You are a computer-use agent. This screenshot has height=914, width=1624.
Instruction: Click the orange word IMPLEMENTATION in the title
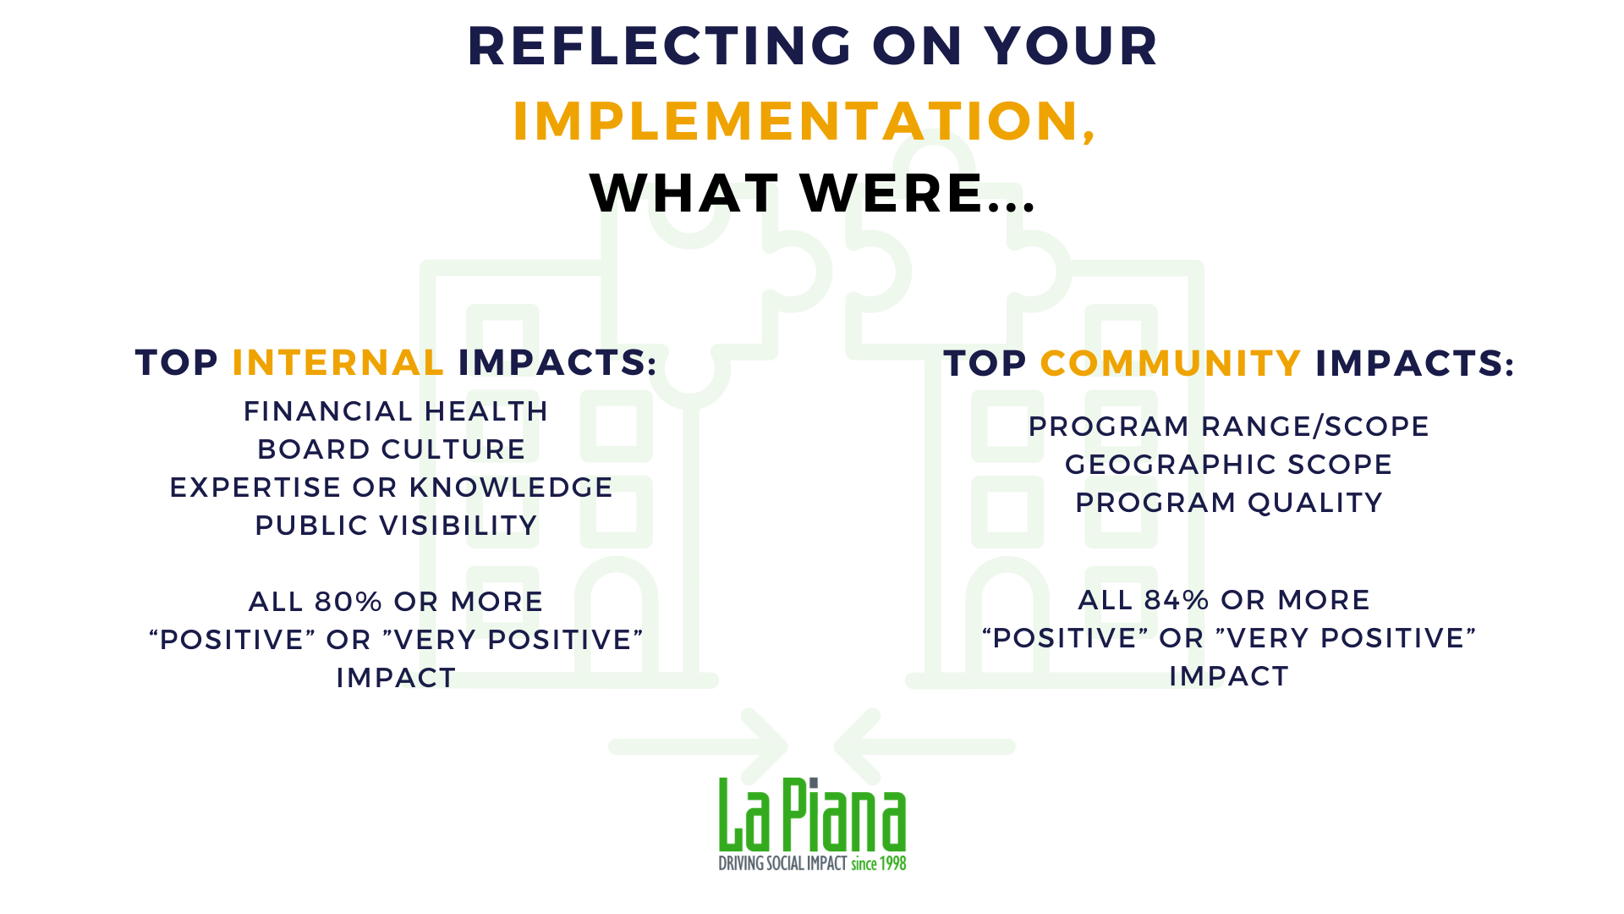[796, 120]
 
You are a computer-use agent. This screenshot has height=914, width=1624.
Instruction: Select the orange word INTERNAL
[337, 362]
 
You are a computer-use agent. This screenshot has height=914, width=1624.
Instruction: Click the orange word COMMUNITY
[1170, 363]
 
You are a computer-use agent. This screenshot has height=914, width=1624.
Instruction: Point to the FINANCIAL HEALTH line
[396, 411]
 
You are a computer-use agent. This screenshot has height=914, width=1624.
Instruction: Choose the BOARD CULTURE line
[392, 449]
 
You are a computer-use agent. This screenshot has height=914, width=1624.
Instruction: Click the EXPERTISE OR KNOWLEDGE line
[392, 487]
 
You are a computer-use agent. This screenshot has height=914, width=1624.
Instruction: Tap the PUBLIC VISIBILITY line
[396, 526]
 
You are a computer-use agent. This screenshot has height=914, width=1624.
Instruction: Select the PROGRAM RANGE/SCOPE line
[1228, 427]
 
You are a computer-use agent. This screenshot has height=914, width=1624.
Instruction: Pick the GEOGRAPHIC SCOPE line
[1228, 465]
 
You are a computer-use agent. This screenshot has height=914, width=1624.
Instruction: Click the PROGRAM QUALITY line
[1228, 503]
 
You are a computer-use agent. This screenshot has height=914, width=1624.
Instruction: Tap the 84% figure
[1177, 600]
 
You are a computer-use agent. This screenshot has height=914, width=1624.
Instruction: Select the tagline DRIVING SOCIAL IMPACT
[782, 863]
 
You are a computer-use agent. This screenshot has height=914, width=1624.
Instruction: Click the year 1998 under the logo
[893, 863]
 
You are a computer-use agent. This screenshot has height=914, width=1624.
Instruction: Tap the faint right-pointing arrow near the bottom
[699, 746]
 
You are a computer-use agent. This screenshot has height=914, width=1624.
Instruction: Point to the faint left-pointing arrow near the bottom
[924, 746]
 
